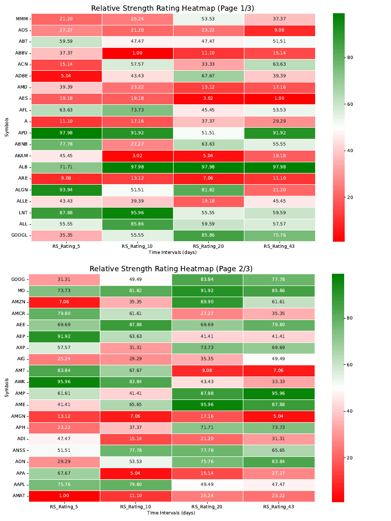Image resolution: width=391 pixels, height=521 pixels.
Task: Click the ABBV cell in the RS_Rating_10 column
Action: click(x=136, y=53)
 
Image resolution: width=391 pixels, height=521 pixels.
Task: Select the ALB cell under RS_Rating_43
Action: click(x=278, y=167)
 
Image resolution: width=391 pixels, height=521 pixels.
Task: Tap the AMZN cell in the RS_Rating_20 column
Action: click(x=207, y=302)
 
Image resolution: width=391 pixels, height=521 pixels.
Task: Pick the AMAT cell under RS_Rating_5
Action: click(x=64, y=496)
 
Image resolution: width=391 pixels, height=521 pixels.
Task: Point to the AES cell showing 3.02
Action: click(x=207, y=99)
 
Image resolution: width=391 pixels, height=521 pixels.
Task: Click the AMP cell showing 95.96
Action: click(x=278, y=393)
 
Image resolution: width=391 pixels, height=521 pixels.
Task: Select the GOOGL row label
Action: click(x=19, y=235)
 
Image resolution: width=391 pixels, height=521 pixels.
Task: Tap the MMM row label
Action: click(x=21, y=19)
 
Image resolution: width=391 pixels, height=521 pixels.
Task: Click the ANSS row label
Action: click(x=20, y=450)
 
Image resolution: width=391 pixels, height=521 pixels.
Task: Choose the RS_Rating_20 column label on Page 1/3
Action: click(x=207, y=246)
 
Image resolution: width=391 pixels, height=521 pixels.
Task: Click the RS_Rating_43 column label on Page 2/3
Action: click(x=278, y=507)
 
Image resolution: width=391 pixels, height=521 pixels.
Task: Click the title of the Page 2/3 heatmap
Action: click(x=171, y=268)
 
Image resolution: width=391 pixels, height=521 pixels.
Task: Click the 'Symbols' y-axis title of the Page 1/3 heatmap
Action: click(x=6, y=127)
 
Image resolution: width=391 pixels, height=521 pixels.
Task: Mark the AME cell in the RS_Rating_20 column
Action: click(x=207, y=405)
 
